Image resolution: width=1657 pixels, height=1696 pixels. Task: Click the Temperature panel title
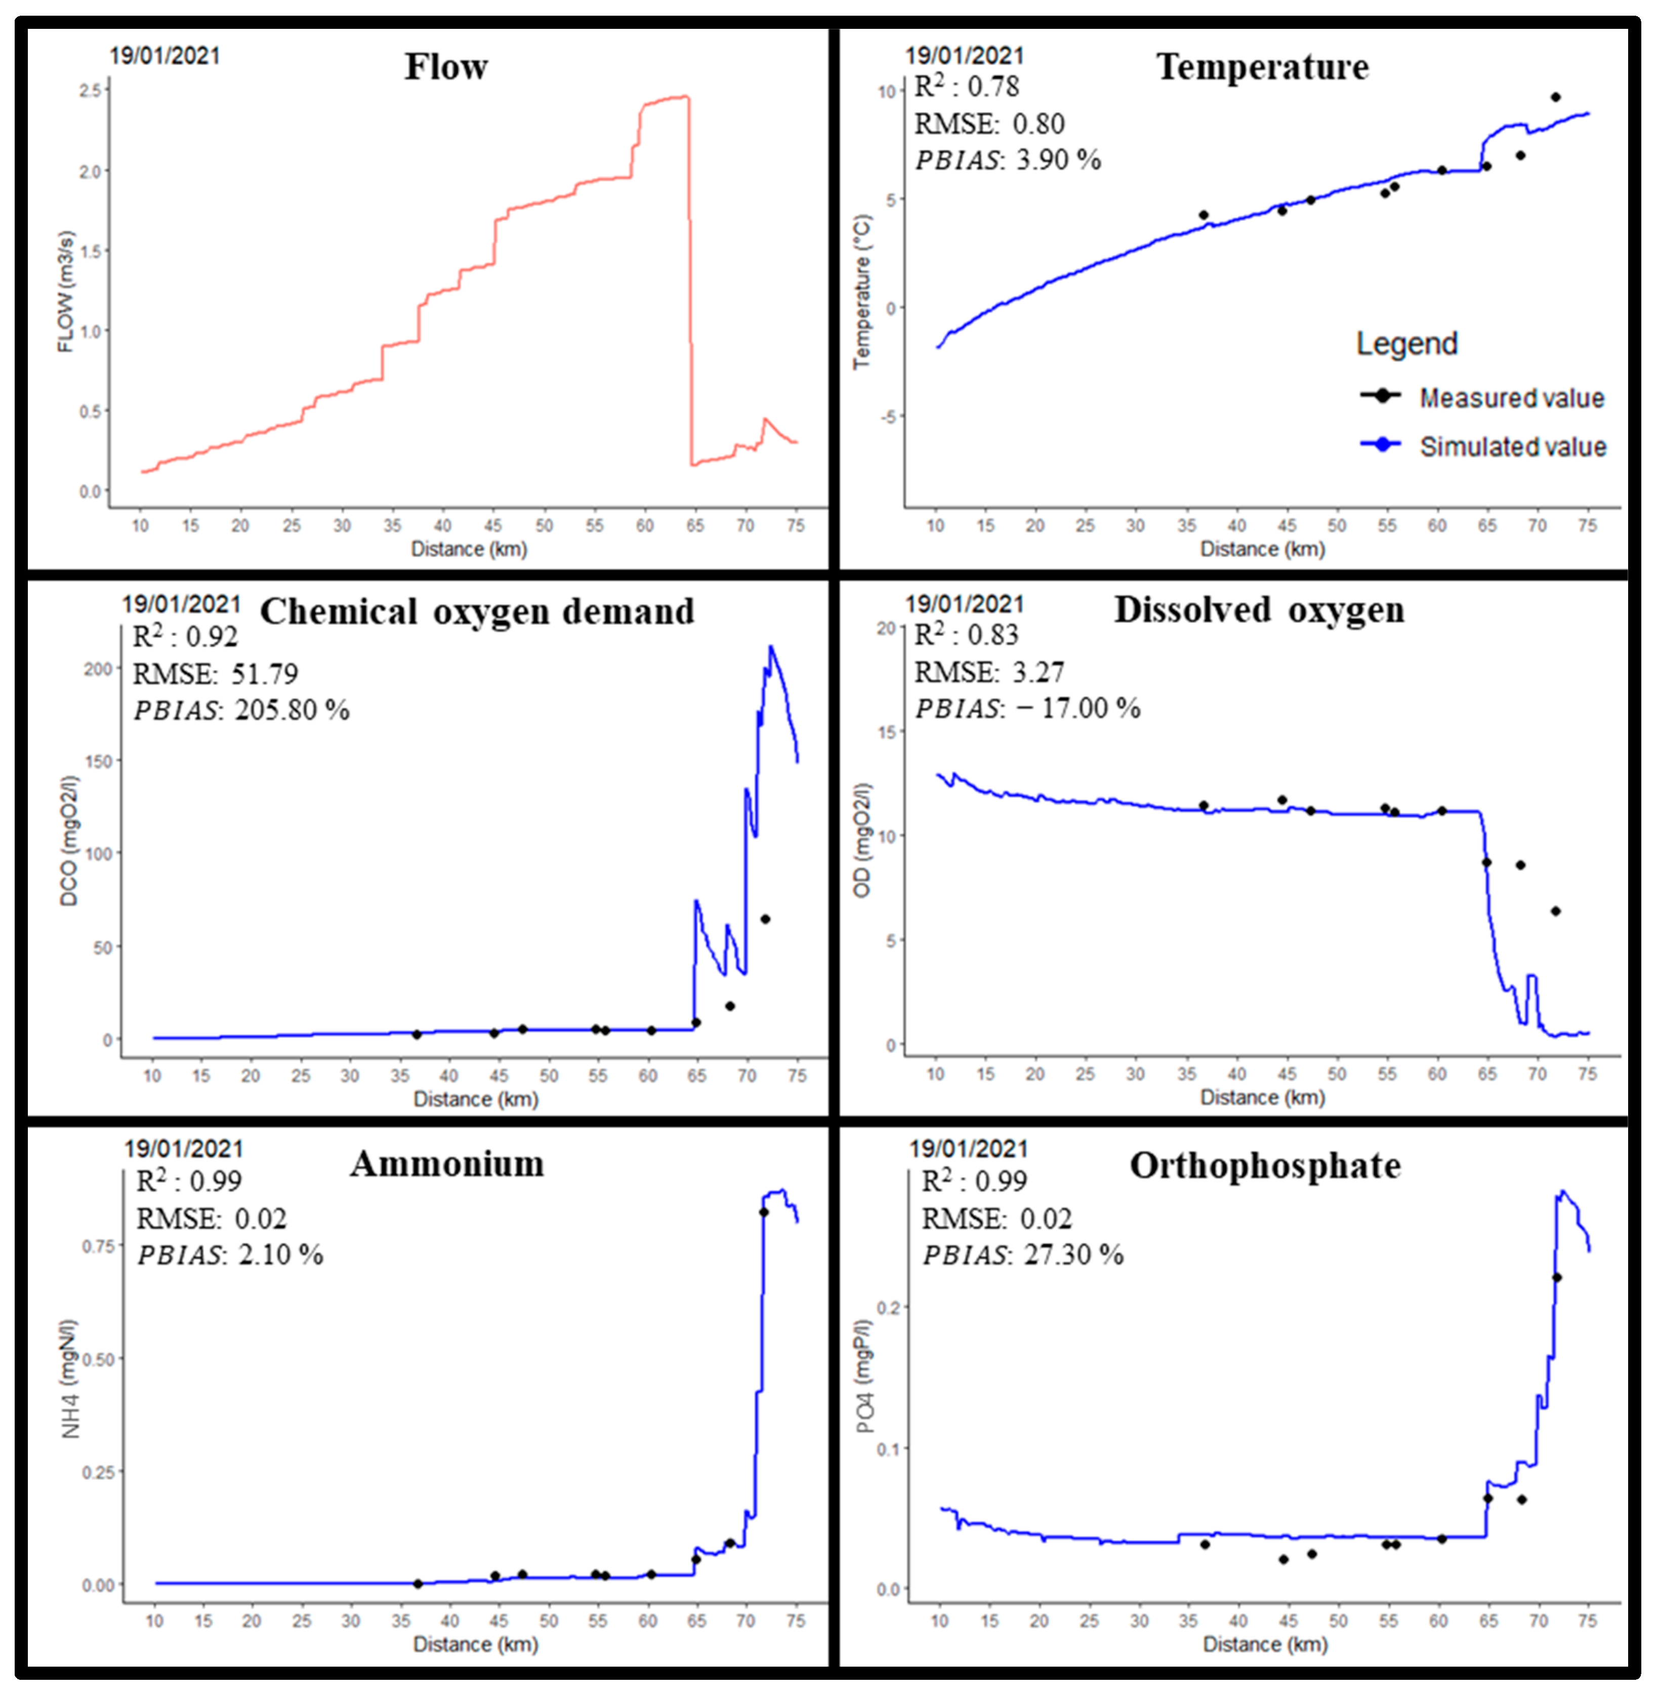pyautogui.click(x=1262, y=67)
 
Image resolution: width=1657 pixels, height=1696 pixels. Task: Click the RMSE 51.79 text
pyautogui.click(x=215, y=674)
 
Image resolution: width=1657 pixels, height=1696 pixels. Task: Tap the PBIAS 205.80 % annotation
pyautogui.click(x=241, y=710)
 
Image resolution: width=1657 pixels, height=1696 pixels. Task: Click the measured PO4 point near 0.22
pyautogui.click(x=1557, y=1277)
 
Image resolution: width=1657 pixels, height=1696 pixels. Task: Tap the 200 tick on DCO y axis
pyautogui.click(x=98, y=668)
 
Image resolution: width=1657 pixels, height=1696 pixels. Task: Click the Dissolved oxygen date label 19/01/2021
pyautogui.click(x=964, y=604)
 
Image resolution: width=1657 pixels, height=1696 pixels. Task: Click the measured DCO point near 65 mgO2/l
pyautogui.click(x=765, y=919)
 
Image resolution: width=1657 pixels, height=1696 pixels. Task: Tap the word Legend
pyautogui.click(x=1406, y=344)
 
